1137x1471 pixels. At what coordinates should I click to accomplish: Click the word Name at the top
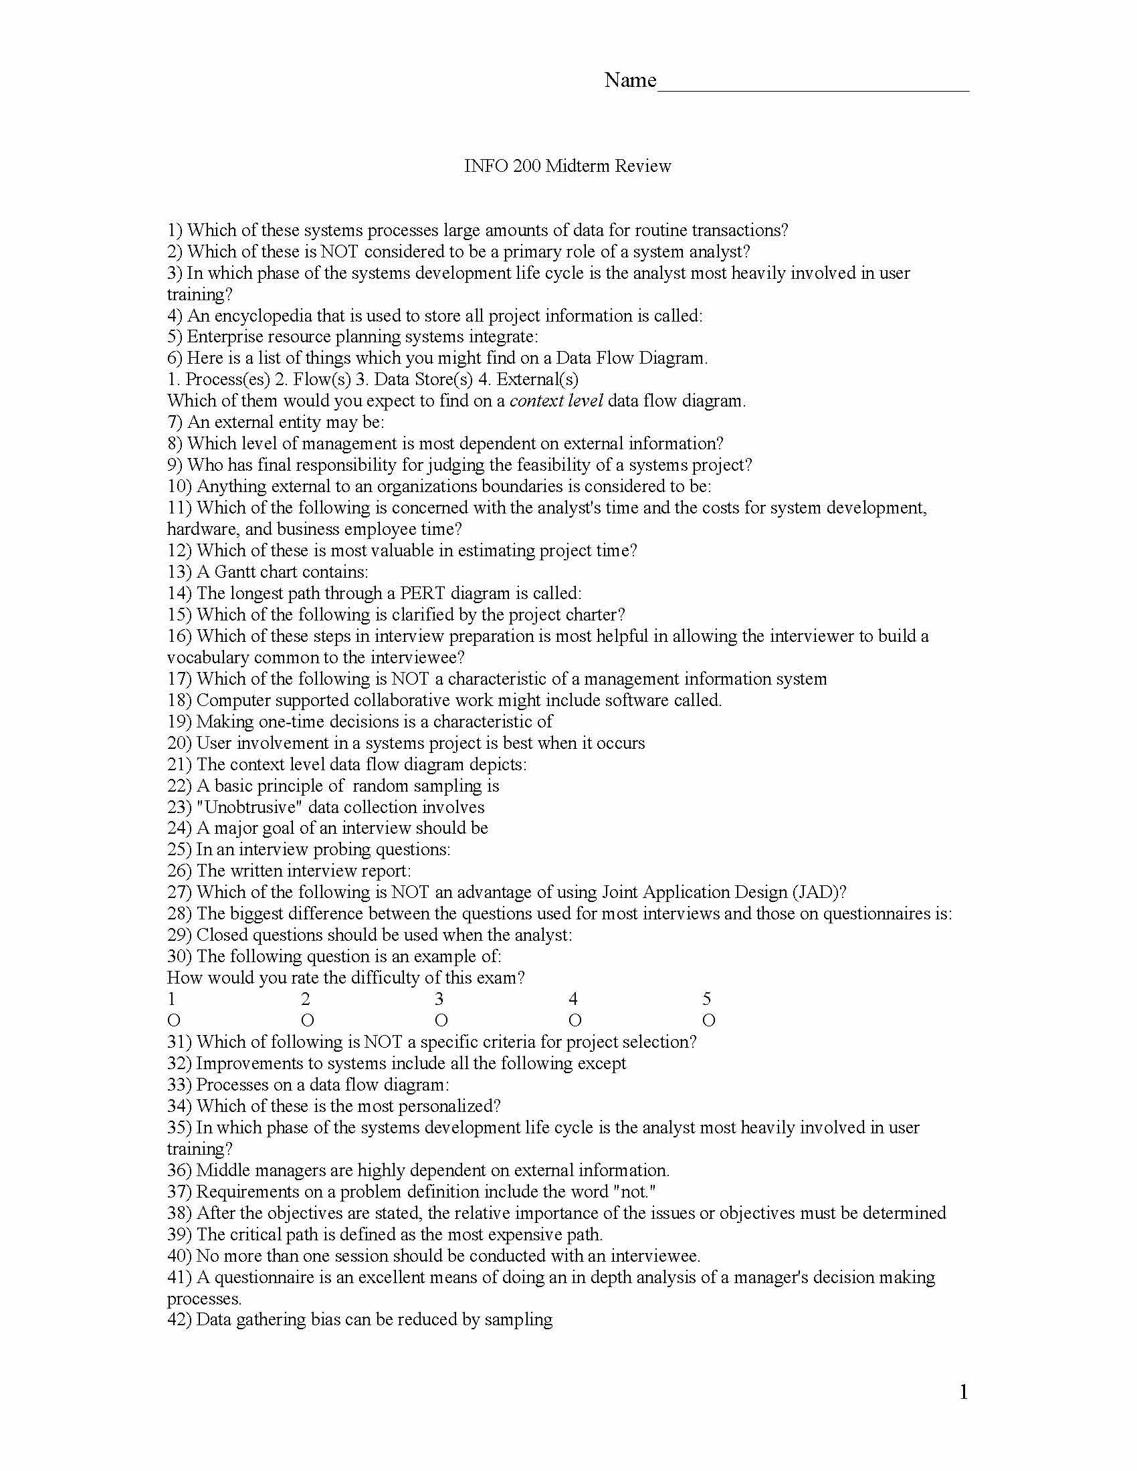pos(630,80)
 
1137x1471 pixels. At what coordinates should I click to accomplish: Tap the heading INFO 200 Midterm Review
pos(567,166)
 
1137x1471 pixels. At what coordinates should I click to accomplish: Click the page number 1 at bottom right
pos(963,1391)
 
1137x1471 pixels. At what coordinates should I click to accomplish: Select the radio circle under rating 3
pos(441,1021)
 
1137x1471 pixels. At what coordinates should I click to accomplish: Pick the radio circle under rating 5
pos(708,1021)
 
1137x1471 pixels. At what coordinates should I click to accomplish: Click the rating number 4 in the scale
pos(573,999)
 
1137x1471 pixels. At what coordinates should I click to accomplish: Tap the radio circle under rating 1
pos(174,1021)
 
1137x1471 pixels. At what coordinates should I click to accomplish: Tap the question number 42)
pos(179,1319)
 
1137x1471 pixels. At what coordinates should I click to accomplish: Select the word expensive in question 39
pos(524,1234)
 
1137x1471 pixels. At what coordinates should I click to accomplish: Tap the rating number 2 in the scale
pos(306,999)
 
